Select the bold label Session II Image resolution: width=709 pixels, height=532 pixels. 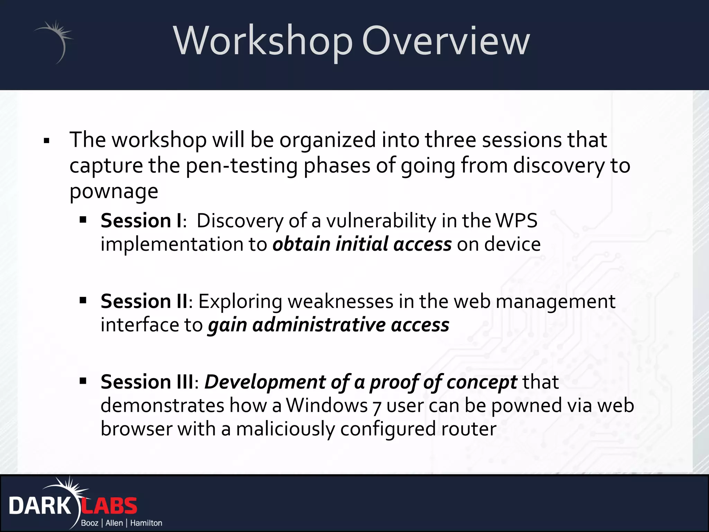(x=144, y=301)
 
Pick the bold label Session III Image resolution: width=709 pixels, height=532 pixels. (x=147, y=382)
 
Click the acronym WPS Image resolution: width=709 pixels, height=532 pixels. (x=516, y=221)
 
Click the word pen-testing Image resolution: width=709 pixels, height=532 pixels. (x=242, y=166)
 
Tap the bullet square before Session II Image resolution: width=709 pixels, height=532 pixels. (x=83, y=300)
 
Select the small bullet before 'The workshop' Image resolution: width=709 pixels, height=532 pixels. (x=47, y=141)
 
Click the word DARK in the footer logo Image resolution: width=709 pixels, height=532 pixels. (x=40, y=506)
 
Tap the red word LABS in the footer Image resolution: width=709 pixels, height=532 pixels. (x=109, y=506)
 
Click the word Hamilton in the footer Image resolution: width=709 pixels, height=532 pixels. (x=146, y=523)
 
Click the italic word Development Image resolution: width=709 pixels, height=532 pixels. (x=265, y=382)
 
